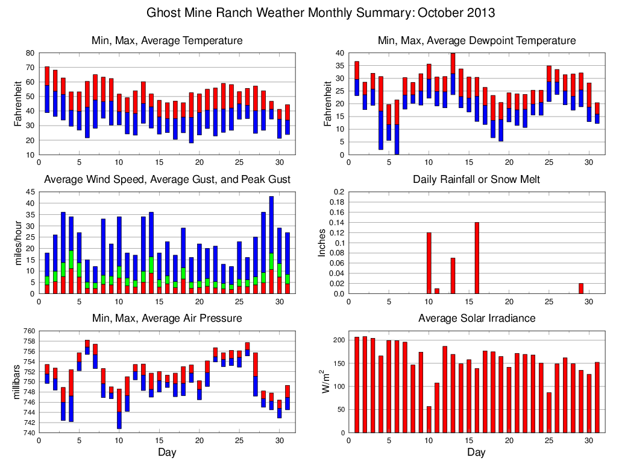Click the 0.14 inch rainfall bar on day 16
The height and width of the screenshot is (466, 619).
tap(477, 258)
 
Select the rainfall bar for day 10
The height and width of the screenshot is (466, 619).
tap(429, 263)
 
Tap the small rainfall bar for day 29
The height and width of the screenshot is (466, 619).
tap(580, 289)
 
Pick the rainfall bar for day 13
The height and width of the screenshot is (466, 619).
tap(453, 276)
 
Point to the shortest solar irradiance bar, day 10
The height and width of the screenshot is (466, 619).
tap(429, 420)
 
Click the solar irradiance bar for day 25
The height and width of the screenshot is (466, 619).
tap(548, 413)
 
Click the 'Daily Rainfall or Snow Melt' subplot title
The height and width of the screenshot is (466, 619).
tap(476, 179)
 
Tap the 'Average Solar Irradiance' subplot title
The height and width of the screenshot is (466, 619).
tap(476, 318)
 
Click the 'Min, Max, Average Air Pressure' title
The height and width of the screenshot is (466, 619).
tap(166, 318)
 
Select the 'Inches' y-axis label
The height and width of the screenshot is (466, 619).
tap(322, 243)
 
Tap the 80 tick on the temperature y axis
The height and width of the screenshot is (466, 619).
tap(30, 53)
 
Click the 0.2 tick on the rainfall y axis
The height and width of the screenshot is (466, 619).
tap(338, 192)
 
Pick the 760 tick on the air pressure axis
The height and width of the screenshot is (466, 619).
tap(28, 331)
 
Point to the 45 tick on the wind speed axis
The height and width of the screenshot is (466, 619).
tap(30, 192)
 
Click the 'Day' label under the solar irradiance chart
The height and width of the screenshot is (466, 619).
tap(476, 452)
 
